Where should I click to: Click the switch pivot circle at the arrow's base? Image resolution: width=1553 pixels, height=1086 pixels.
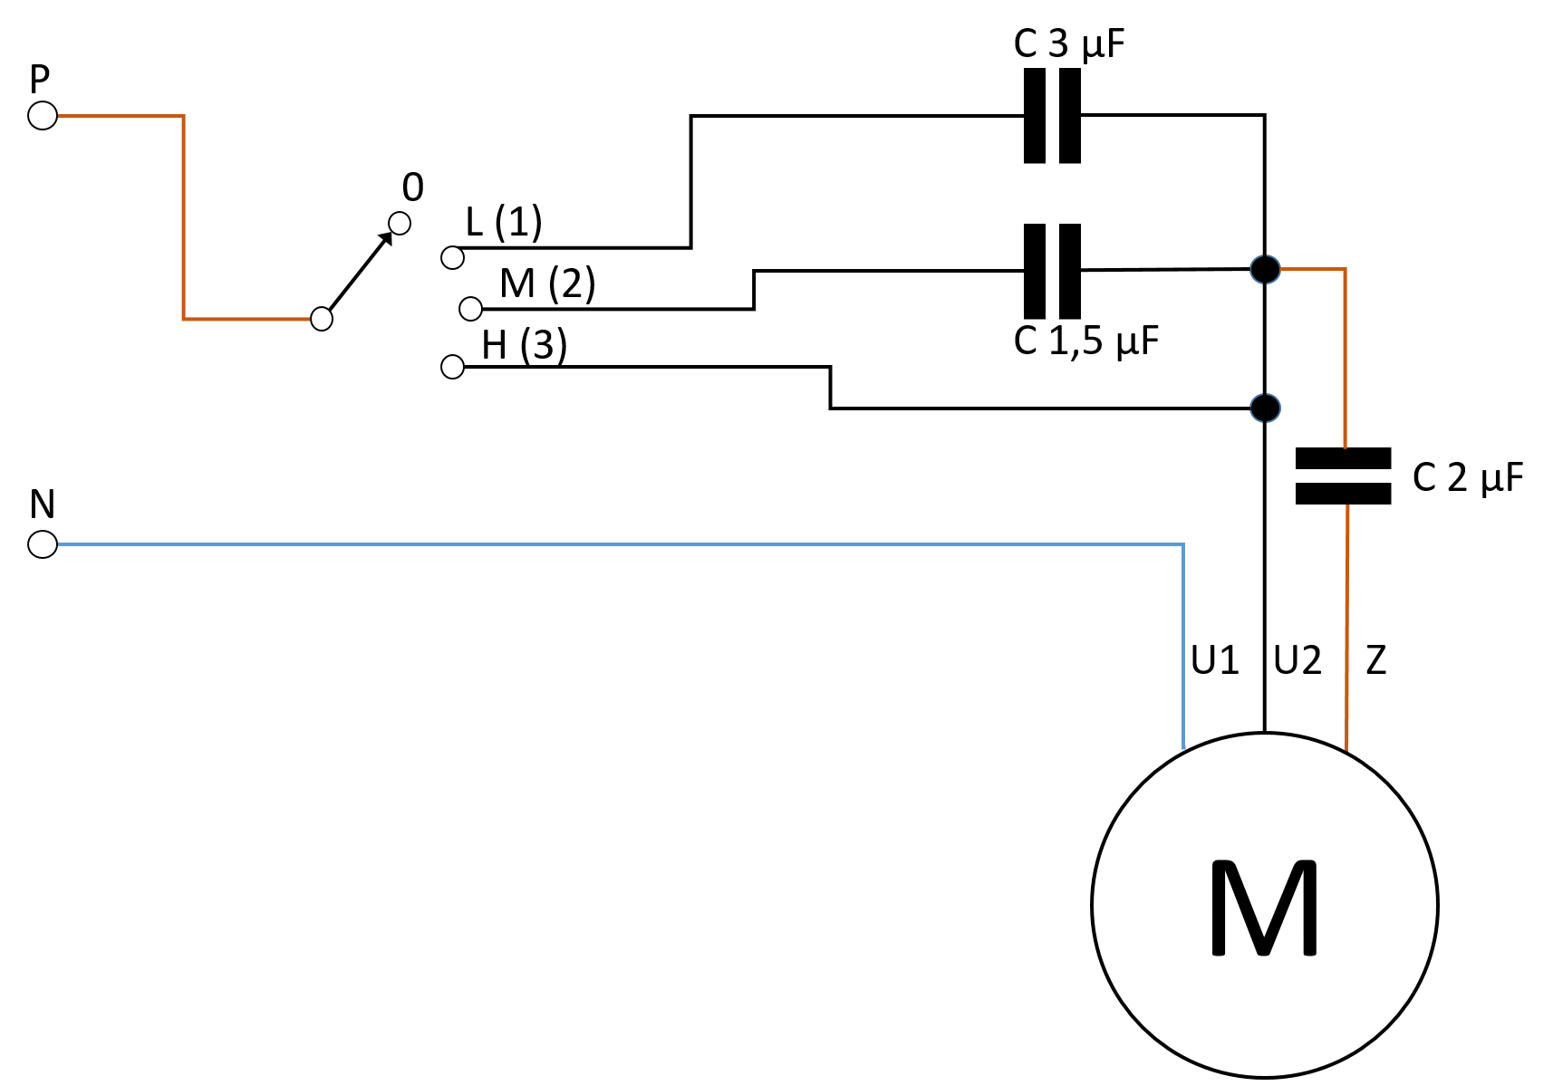(x=321, y=319)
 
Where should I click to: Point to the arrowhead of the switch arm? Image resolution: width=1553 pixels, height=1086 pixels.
(x=385, y=238)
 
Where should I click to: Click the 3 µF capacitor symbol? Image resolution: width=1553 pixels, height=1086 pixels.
(x=1052, y=115)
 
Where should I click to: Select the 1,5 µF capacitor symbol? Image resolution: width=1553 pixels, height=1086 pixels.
(x=1052, y=270)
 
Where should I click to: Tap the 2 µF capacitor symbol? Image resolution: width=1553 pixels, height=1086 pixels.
(x=1343, y=476)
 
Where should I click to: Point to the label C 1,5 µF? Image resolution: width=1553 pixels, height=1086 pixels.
(x=1085, y=341)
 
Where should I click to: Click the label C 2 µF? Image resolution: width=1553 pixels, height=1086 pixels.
(x=1468, y=477)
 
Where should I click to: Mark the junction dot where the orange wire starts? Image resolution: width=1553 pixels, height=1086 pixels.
(x=1265, y=269)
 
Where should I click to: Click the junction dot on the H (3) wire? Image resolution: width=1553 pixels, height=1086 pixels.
(x=1265, y=408)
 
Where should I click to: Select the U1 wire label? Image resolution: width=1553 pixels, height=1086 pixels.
(x=1215, y=659)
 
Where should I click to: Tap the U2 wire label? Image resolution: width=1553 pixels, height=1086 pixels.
(x=1297, y=659)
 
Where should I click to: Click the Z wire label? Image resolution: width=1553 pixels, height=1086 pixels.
(x=1376, y=659)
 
